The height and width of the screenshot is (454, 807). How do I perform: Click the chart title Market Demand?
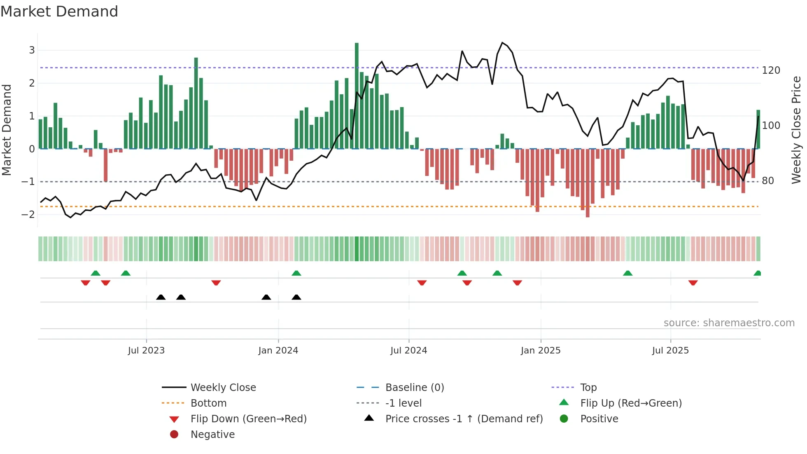click(59, 11)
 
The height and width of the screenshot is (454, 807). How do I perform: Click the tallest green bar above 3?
click(357, 95)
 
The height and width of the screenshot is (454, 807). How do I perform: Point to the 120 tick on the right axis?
click(771, 70)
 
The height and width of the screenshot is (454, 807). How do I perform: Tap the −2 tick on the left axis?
click(28, 214)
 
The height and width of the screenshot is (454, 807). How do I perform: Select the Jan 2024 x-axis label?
click(278, 351)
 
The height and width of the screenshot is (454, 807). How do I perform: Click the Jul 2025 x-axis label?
click(670, 351)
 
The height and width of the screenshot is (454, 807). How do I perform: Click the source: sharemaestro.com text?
click(729, 323)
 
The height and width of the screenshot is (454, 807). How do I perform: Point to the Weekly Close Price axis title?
click(796, 130)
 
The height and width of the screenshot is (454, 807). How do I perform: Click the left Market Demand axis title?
click(7, 130)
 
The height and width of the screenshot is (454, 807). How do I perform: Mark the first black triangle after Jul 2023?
click(161, 297)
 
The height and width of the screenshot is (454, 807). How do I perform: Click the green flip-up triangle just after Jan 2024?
click(296, 273)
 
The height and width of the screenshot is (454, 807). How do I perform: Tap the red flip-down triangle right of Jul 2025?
click(693, 283)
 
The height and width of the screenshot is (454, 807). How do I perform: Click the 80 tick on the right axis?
click(767, 181)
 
